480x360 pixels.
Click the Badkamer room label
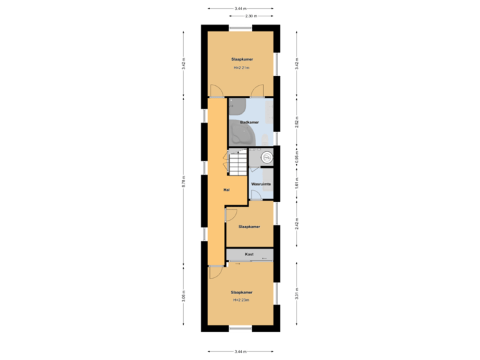tap(249, 122)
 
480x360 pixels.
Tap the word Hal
tap(227, 190)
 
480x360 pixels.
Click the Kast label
tap(249, 254)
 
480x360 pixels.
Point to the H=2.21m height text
tap(241, 68)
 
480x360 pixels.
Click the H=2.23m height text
tap(241, 300)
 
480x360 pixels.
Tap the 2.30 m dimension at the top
tap(251, 15)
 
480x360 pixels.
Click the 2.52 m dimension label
tap(296, 122)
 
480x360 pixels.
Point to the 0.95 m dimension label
tap(296, 157)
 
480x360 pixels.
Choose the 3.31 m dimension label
tap(296, 293)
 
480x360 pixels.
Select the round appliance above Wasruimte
tap(267, 158)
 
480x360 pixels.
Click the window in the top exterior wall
tap(240, 27)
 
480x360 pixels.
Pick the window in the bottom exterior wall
tap(240, 328)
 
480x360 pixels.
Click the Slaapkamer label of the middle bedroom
tap(249, 227)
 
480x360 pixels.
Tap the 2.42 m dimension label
tap(296, 223)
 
